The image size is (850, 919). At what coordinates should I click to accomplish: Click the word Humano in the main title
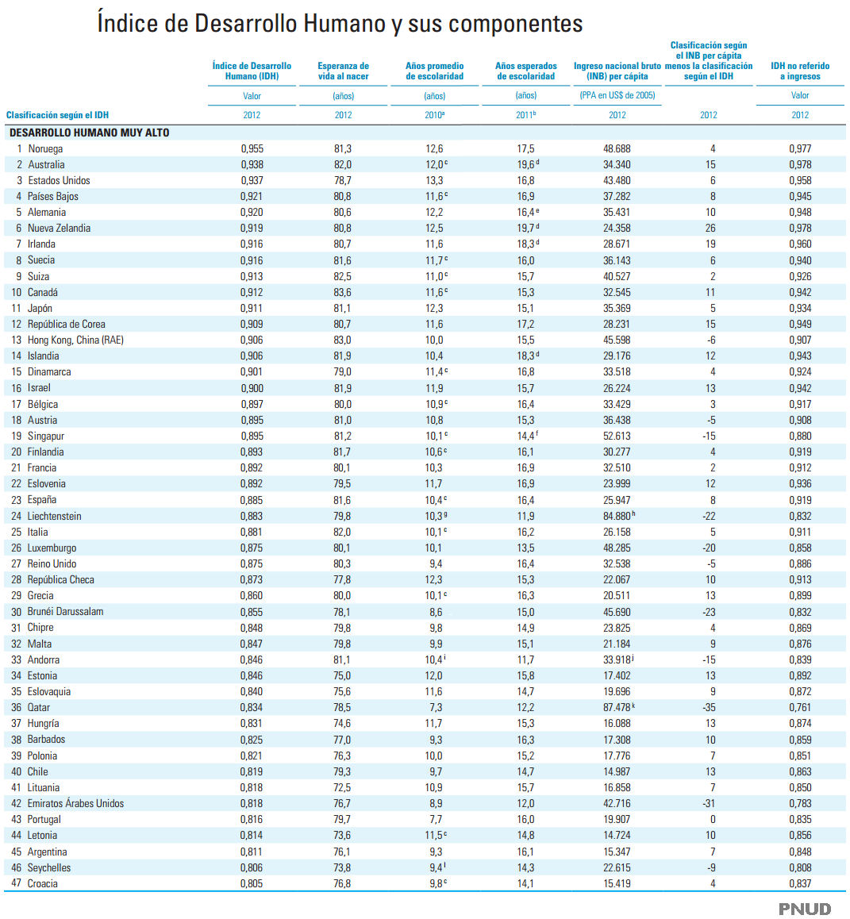point(347,24)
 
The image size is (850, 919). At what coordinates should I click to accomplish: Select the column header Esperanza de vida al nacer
point(343,71)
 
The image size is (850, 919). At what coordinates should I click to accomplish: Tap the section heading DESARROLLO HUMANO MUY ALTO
point(90,133)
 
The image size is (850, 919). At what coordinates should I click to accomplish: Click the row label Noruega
point(45,148)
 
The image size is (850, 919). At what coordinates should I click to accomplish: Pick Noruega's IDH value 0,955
point(252,148)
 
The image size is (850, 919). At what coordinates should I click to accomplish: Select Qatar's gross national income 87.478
point(617,707)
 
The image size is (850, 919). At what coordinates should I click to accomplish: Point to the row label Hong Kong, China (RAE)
point(75,340)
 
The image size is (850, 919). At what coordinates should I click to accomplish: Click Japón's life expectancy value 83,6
point(343,292)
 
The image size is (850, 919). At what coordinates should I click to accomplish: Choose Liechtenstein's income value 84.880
point(617,516)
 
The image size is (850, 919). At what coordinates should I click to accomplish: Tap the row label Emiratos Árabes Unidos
point(75,803)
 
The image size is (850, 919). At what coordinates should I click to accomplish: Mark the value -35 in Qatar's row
point(709,707)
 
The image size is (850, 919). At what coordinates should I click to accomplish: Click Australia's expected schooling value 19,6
point(525,164)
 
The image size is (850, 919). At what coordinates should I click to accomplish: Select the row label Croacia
point(43,883)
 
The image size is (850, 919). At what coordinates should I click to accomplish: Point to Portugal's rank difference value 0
point(713,819)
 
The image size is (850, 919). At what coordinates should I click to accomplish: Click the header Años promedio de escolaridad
point(434,71)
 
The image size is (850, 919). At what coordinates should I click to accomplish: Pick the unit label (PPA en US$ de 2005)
point(617,95)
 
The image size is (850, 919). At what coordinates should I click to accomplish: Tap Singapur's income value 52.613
point(617,436)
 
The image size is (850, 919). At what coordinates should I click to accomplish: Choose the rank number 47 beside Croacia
point(17,883)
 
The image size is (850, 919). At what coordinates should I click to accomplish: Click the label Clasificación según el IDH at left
point(57,115)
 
